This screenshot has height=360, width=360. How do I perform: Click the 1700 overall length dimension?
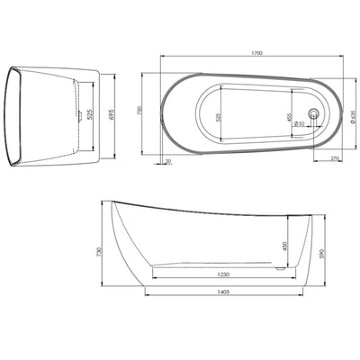pos(257,54)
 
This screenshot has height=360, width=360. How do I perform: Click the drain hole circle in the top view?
pos(313,113)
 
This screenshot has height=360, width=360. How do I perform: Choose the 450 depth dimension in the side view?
pos(285,244)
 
